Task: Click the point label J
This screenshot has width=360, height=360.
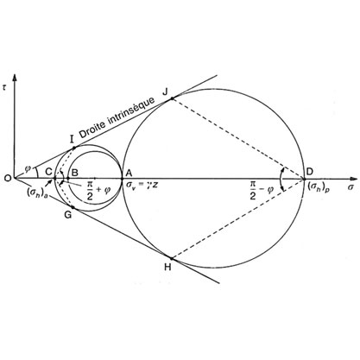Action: pos(166,92)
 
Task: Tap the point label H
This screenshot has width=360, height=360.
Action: pos(167,268)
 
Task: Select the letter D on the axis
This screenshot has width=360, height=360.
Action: pos(310,172)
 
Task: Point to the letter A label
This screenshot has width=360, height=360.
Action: pos(129,173)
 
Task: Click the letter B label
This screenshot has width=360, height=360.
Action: pos(74,173)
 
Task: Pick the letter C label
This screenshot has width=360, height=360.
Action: pos(48,172)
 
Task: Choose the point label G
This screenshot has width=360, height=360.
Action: pos(68,215)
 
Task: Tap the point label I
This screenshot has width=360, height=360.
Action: pos(72,139)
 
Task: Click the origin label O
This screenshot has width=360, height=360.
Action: pos(8,179)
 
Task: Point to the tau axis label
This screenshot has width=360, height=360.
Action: pos(3,88)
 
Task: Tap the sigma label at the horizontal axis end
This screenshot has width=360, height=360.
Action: pos(351,187)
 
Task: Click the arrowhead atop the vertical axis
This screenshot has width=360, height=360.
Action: pos(14,78)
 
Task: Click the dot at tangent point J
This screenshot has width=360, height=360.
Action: pos(172,98)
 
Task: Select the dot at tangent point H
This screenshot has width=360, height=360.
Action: pos(172,258)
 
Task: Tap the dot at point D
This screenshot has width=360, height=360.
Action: pos(304,179)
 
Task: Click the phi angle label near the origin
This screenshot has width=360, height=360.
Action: pos(28,168)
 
